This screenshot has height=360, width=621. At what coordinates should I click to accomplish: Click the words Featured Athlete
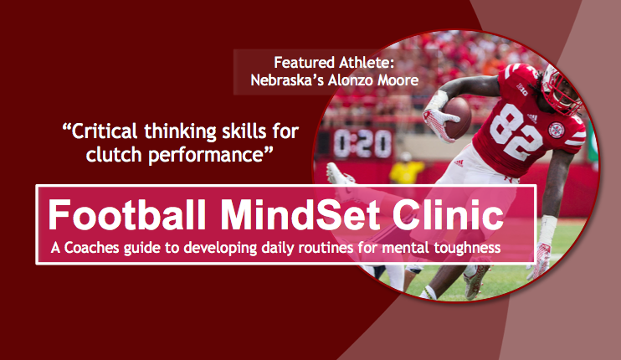point(334,63)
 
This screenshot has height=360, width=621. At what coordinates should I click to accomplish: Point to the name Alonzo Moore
point(373,80)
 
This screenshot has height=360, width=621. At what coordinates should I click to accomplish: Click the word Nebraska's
point(287,80)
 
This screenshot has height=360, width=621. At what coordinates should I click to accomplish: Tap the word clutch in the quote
point(114,154)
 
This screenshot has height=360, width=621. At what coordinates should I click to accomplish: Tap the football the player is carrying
point(458,117)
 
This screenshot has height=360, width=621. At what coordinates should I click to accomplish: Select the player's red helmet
point(562,88)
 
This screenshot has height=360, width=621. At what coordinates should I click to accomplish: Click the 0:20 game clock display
point(362,143)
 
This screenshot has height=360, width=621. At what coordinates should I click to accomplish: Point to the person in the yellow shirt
point(406,169)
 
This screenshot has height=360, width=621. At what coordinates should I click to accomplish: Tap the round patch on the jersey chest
point(557,130)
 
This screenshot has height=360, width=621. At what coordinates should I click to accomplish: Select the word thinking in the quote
point(180,132)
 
